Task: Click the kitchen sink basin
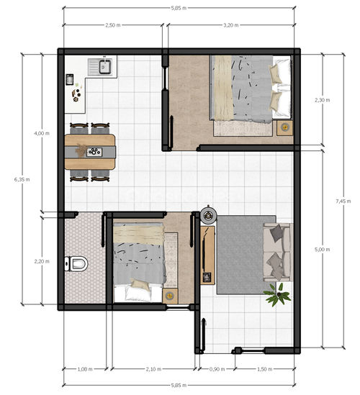pos(105,67)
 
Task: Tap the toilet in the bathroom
pos(76,263)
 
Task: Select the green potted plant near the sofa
pos(278,294)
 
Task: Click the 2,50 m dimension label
pos(113,25)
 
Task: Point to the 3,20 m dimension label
pos(230,25)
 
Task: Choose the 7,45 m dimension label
pos(343,201)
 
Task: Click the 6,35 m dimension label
pos(22,179)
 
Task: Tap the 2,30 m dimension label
pos(322,100)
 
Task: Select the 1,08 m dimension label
pos(85,369)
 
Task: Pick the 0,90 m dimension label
pos(217,369)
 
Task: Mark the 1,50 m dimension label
pos(264,369)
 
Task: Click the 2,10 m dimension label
pos(153,369)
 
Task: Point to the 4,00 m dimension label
pos(42,133)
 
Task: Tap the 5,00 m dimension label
pos(322,250)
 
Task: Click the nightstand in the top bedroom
pos(285,128)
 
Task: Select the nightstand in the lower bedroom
pos(170,296)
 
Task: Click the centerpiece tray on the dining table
pos(94,152)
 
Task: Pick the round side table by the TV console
pos(208,216)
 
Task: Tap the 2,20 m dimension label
pos(42,261)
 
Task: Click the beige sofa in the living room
pos(278,252)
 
